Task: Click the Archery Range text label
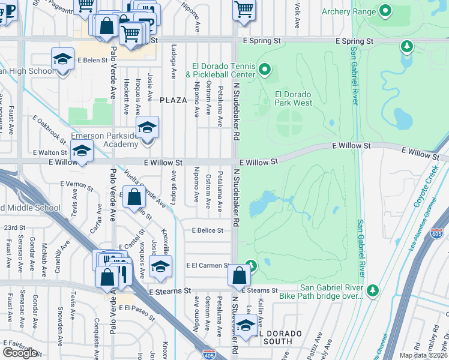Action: (348, 11)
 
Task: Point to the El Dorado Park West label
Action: (294, 98)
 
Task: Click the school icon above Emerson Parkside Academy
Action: (147, 128)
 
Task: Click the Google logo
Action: (20, 353)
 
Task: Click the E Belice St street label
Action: (208, 230)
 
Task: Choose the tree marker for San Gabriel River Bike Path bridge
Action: (373, 290)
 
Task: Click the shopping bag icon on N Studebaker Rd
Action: (239, 276)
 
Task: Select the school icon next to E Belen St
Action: (62, 59)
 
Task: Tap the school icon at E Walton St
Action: (82, 151)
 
